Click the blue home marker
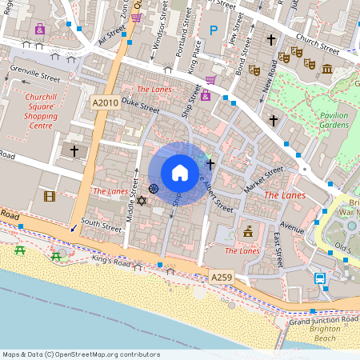180,173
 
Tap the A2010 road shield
106,102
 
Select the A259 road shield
222,277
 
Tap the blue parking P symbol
213,30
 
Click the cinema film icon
50,196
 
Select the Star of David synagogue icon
142,199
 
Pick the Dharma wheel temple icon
154,189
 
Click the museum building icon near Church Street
327,70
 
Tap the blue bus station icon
319,278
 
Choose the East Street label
278,248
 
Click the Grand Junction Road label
324,320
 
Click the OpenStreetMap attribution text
81,354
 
